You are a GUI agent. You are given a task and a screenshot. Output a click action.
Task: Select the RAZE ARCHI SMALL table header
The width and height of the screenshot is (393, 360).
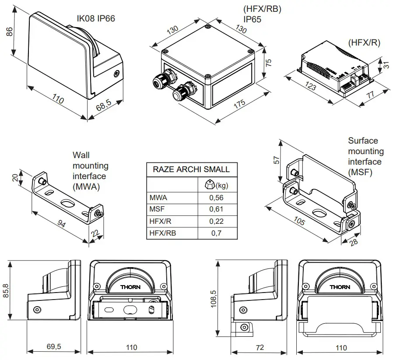tap(191, 169)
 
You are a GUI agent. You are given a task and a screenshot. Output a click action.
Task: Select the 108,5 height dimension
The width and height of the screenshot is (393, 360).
tap(214, 298)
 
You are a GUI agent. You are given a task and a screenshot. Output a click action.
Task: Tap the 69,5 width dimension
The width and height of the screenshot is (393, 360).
tap(54, 347)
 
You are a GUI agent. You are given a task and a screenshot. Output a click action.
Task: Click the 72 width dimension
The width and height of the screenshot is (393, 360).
tap(260, 347)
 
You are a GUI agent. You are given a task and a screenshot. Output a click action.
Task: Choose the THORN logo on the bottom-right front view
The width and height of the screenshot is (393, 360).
tap(340, 287)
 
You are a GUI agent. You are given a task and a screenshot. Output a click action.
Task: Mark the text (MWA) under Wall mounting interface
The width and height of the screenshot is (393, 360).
tap(87, 187)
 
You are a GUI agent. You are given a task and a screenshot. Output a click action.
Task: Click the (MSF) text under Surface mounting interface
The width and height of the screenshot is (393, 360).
tap(360, 172)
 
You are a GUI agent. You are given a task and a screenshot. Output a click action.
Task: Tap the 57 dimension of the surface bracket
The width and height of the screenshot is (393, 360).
tap(277, 160)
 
